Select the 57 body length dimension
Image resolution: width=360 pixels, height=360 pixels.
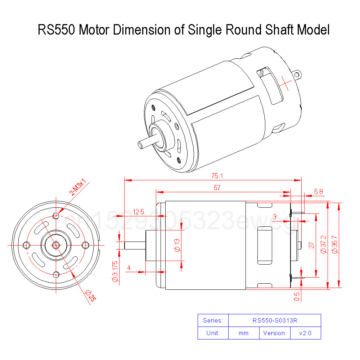217,188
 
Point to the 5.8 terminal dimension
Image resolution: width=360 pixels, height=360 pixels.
318,192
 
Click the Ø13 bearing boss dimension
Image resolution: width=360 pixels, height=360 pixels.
177,245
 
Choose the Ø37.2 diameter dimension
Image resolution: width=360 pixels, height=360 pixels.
323,245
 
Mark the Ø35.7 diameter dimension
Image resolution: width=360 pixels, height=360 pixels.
335,245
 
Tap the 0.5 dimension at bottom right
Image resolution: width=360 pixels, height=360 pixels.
297,296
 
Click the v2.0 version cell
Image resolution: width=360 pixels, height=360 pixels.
305,333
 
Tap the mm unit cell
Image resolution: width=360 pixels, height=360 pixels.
244,333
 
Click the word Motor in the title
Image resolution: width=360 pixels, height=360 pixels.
94,30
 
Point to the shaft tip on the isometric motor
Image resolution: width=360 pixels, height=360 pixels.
140,145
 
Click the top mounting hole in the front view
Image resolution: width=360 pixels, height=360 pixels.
56,216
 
